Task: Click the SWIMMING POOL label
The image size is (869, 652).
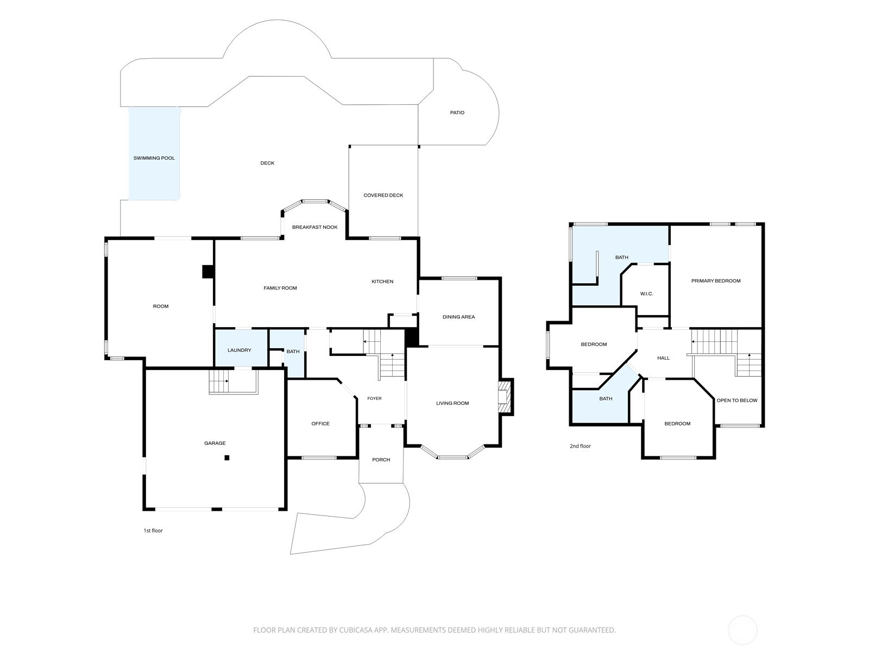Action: [154, 158]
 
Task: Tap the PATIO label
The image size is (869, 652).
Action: [457, 113]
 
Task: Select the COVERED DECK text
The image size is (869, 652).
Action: [383, 195]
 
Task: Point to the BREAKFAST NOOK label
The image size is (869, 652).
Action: [314, 227]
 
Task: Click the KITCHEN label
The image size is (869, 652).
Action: [382, 281]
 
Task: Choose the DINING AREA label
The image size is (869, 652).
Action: [458, 317]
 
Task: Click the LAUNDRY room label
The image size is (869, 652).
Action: [240, 350]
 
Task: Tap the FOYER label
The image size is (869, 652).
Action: [375, 399]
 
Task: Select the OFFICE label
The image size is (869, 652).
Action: [320, 424]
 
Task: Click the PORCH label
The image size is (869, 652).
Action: [381, 460]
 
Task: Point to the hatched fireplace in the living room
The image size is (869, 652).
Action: [505, 397]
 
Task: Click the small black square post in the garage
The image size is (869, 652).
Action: [227, 458]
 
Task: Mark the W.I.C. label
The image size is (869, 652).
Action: [646, 294]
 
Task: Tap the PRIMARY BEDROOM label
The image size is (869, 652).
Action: [716, 281]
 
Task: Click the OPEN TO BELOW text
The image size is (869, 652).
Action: [737, 400]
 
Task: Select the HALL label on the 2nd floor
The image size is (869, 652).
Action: [664, 358]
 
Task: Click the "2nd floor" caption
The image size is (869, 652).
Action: [580, 446]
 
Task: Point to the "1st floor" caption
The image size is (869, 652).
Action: [153, 530]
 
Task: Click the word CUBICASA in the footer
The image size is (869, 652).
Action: [356, 630]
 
